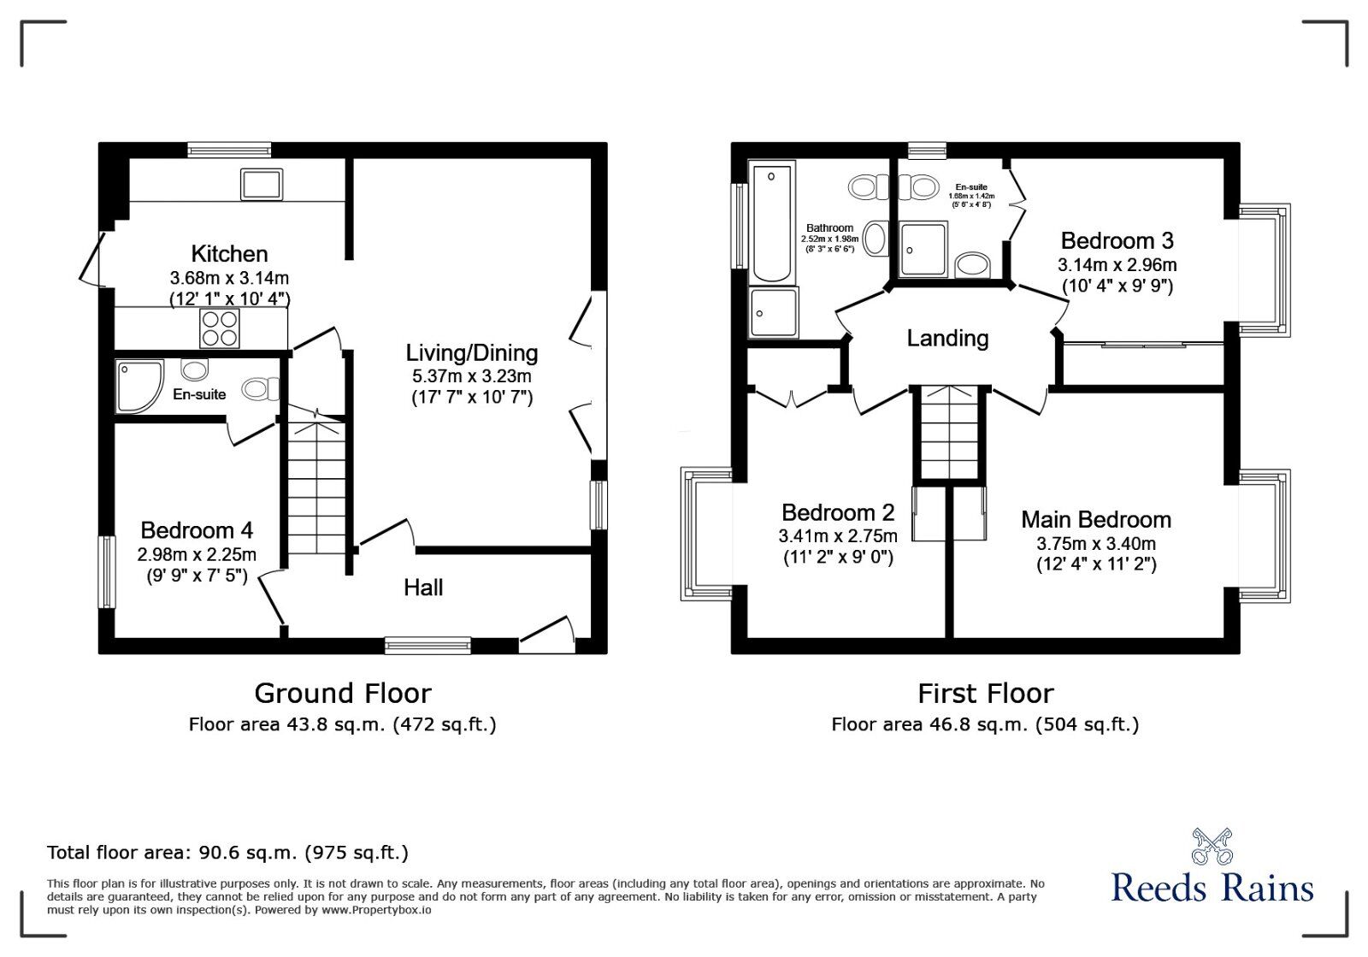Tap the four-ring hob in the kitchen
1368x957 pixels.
click(219, 328)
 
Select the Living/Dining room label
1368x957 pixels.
click(471, 352)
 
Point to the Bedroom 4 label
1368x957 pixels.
click(197, 530)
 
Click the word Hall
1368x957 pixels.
click(423, 588)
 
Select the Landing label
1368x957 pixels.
click(947, 339)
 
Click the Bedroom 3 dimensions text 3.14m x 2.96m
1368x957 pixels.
click(1117, 265)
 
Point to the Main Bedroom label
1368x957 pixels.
click(1096, 520)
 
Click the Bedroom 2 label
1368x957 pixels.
click(838, 513)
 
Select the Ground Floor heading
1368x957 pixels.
click(343, 693)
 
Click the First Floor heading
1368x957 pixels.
click(985, 693)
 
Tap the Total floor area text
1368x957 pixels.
click(227, 853)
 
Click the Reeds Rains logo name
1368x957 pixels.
click(1212, 888)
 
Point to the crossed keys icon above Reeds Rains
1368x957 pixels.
click(1212, 846)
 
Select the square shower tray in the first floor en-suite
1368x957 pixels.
click(923, 249)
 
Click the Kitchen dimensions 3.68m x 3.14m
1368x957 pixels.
click(229, 278)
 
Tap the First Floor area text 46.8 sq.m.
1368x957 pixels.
click(985, 724)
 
